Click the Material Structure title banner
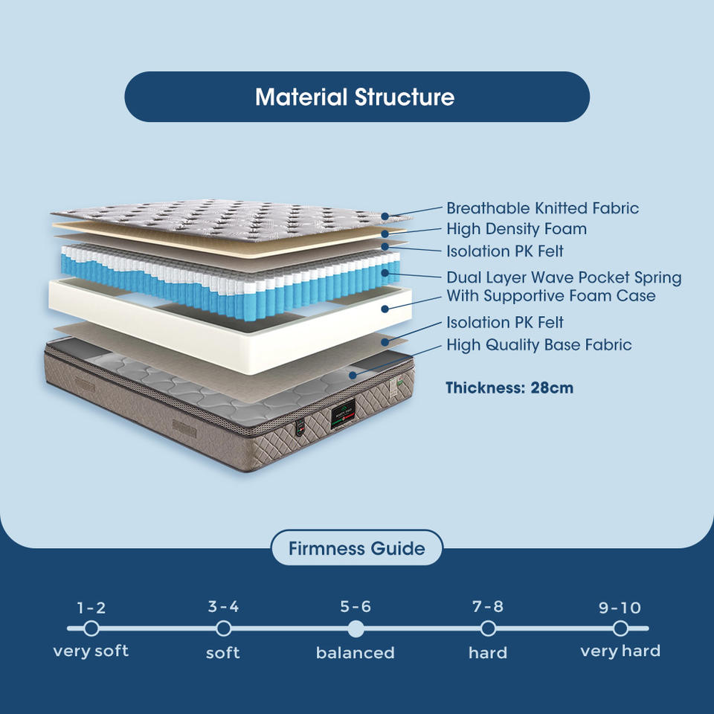pos(356,97)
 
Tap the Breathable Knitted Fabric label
pos(542,208)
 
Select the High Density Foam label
pos(516,229)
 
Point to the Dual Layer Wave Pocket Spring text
pos(564,277)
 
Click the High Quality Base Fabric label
pos(538,344)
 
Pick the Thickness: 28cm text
pos(509,387)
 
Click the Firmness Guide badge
pos(356,549)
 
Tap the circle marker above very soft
pos(91,629)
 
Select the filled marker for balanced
pos(356,629)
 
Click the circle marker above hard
pos(488,629)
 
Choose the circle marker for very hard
pos(620,629)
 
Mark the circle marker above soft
pos(223,629)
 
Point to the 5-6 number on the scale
pos(356,607)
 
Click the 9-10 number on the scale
pos(620,608)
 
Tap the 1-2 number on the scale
pos(91,608)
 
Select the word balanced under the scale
pos(356,653)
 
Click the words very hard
pos(620,652)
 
